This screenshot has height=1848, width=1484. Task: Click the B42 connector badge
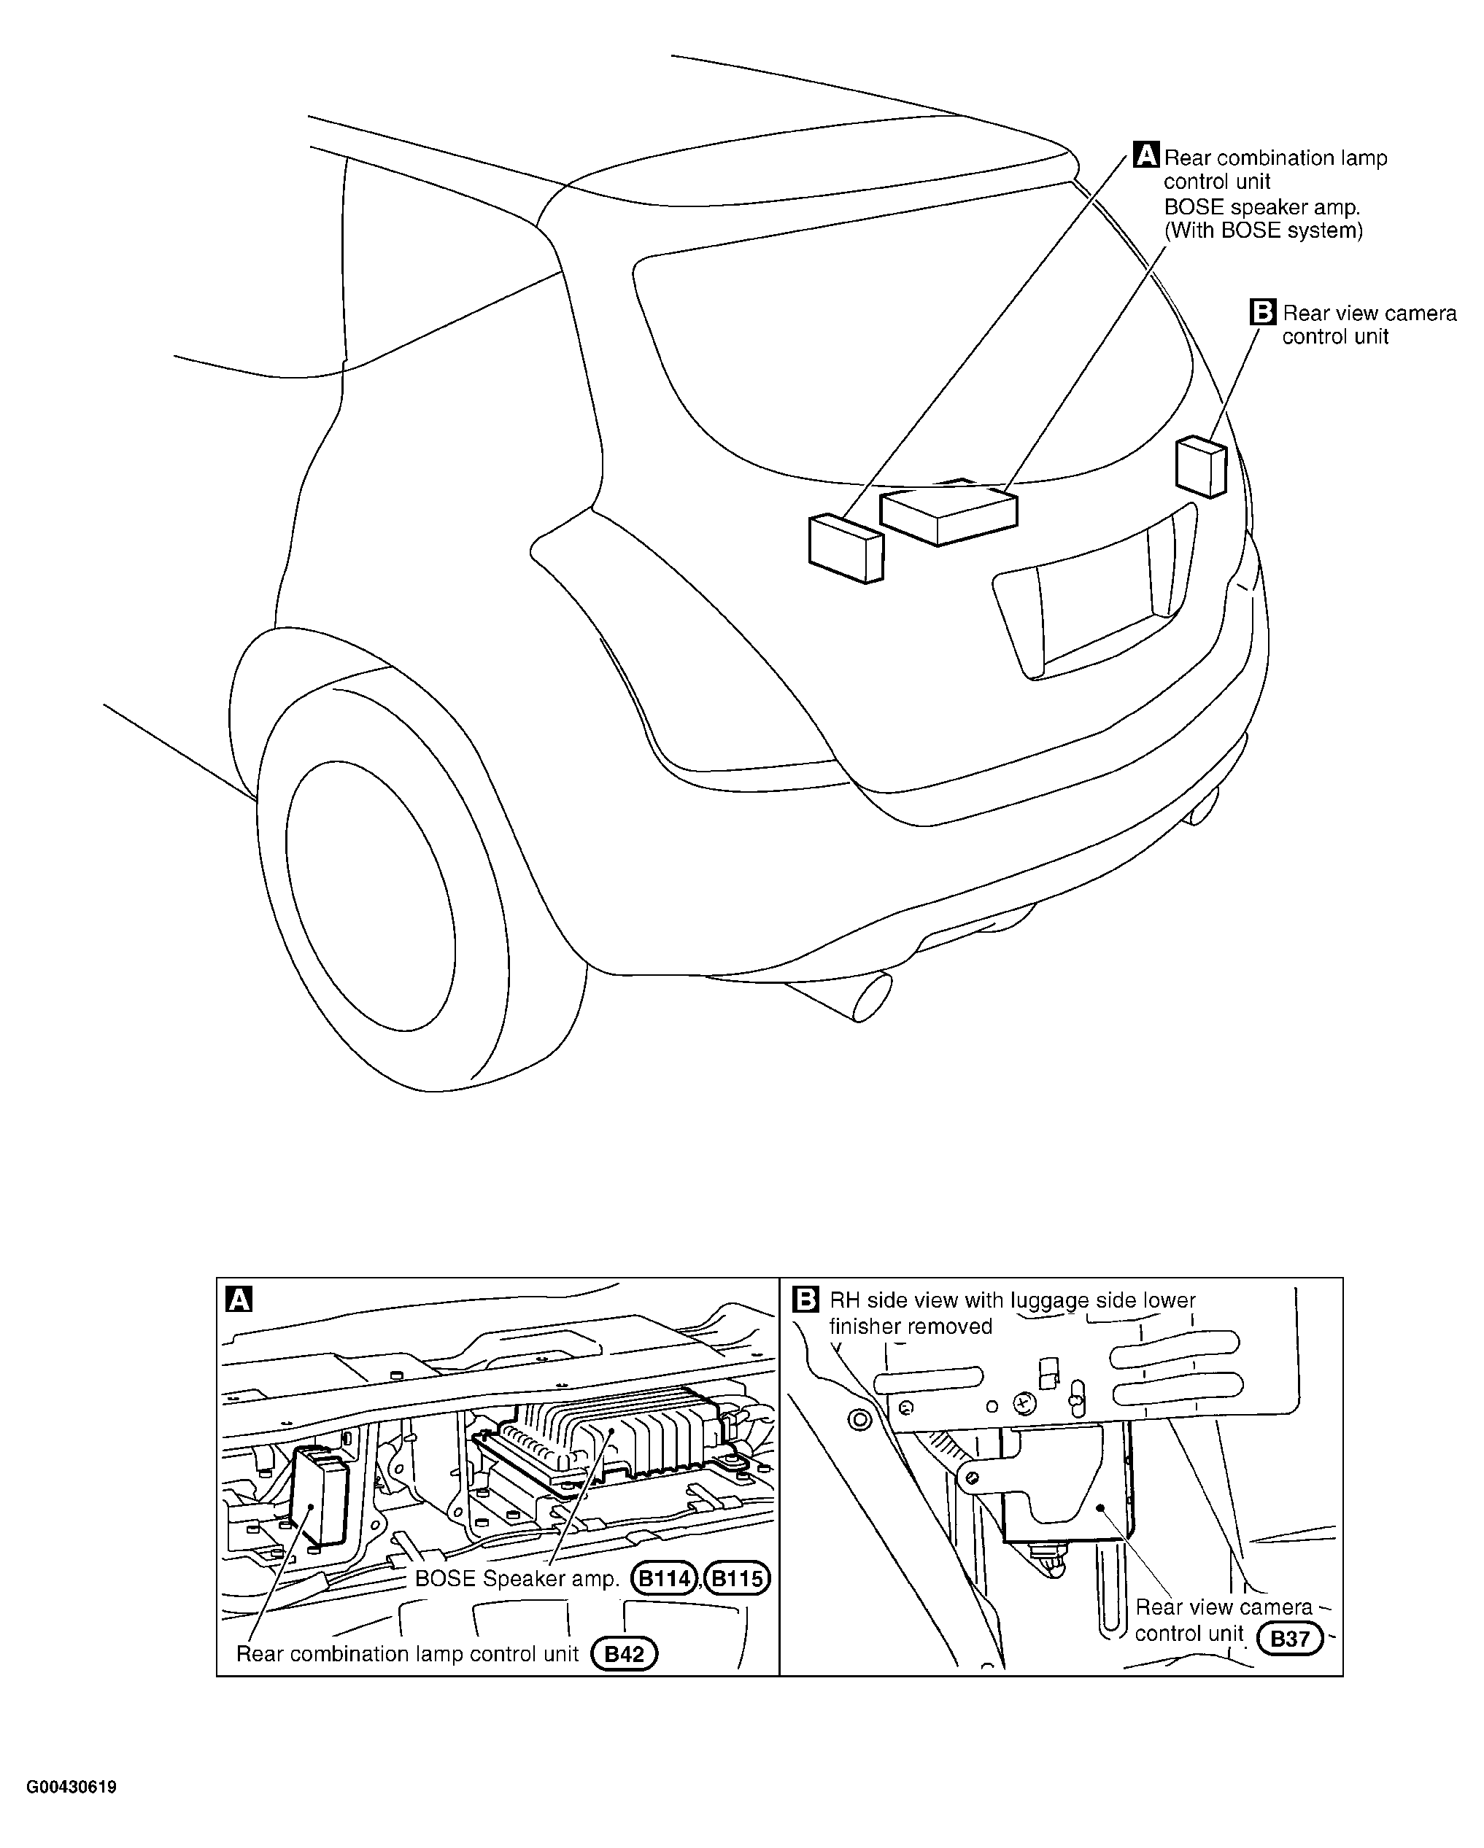pos(624,1653)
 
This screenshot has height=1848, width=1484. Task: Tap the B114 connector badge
pos(665,1578)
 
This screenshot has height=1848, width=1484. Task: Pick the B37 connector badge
pos(1289,1639)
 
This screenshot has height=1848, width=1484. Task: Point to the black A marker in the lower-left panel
pos(239,1300)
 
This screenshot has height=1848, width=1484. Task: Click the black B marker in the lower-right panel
pos(806,1300)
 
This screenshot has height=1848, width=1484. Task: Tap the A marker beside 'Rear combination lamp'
pos(1146,155)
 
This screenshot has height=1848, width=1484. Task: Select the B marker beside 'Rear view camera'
pos(1263,311)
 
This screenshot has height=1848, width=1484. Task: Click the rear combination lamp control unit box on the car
pos(846,548)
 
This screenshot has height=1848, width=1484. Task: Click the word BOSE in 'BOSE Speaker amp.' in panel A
pos(445,1578)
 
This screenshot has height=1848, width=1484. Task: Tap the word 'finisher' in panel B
pos(864,1326)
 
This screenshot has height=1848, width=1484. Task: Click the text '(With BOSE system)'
pos(1263,230)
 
